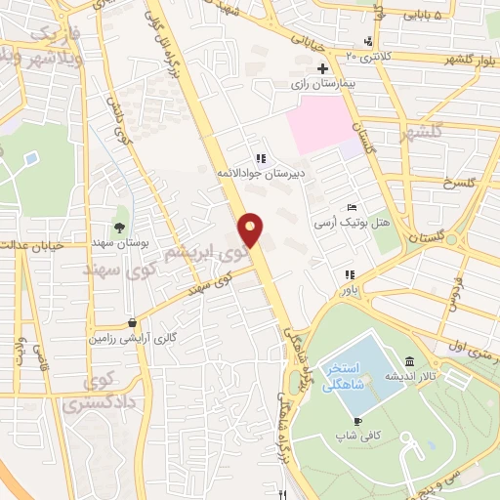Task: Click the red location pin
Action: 252,229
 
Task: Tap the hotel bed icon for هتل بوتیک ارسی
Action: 353,208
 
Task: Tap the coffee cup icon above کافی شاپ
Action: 356,421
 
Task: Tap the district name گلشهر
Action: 449,131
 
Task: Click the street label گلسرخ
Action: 458,183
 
